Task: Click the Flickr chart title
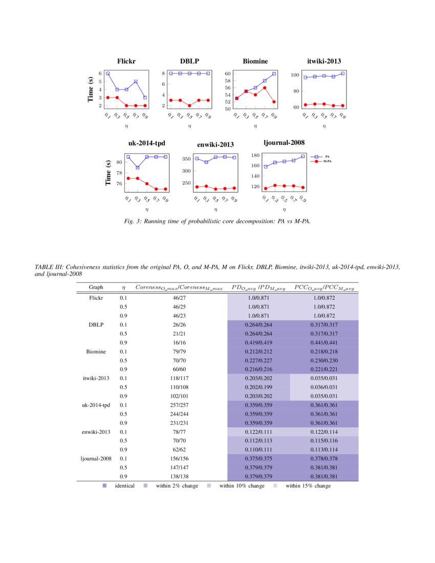[126, 61]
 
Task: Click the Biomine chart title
[255, 61]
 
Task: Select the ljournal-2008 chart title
[284, 143]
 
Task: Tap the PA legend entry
[327, 156]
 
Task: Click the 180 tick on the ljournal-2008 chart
[254, 155]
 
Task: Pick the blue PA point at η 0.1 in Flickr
[108, 74]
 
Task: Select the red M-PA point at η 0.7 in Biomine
[265, 88]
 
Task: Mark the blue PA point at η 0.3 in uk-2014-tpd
[138, 167]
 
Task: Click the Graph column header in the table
[96, 287]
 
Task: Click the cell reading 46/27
[179, 297]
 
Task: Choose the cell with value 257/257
[179, 405]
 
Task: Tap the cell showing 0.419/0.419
[258, 342]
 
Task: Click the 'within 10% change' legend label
[242, 486]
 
